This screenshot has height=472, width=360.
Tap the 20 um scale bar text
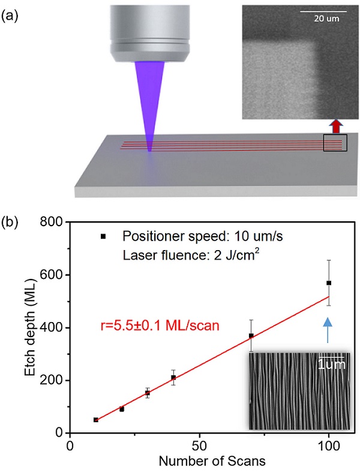[323, 18]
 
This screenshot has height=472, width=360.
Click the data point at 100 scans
[329, 282]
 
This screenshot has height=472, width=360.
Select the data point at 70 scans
[251, 336]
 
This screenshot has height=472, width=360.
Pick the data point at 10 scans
[96, 420]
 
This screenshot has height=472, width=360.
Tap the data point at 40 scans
[173, 378]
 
